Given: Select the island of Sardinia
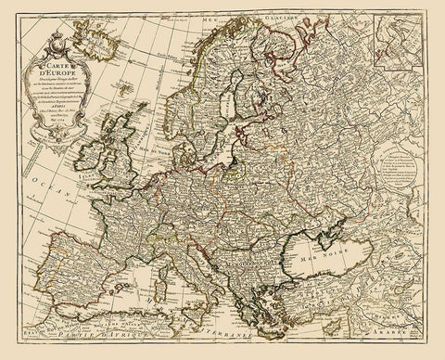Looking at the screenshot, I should point(198,296).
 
